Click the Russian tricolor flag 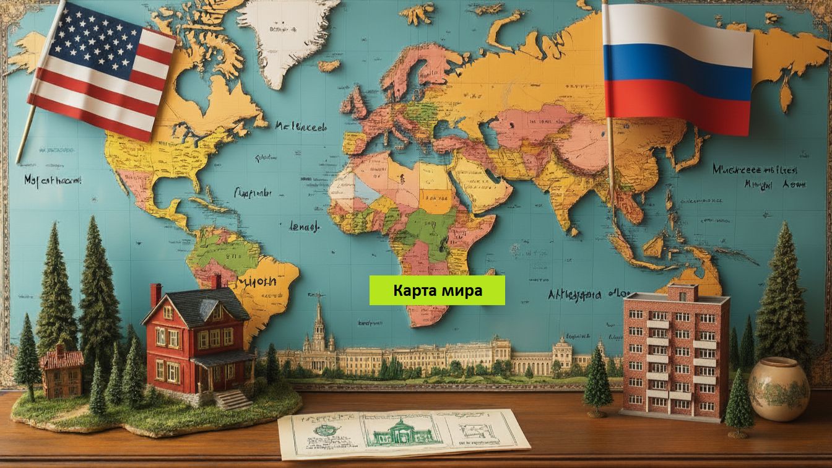pos(678,68)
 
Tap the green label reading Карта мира pos(437,290)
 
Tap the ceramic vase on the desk pos(779,389)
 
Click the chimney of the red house pos(155,295)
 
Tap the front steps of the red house pos(232,399)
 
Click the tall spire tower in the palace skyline pos(319,325)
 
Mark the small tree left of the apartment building pos(597,381)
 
